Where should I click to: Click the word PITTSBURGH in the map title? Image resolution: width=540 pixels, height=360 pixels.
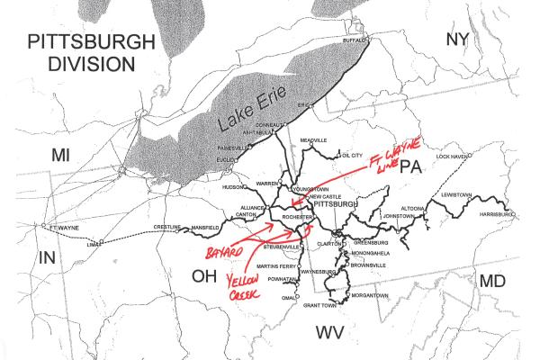tap(91, 42)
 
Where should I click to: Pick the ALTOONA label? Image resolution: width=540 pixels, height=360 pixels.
tap(399, 207)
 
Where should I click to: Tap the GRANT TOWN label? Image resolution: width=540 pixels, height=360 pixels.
tap(319, 306)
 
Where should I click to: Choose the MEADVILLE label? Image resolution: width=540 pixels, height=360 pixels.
tap(313, 141)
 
